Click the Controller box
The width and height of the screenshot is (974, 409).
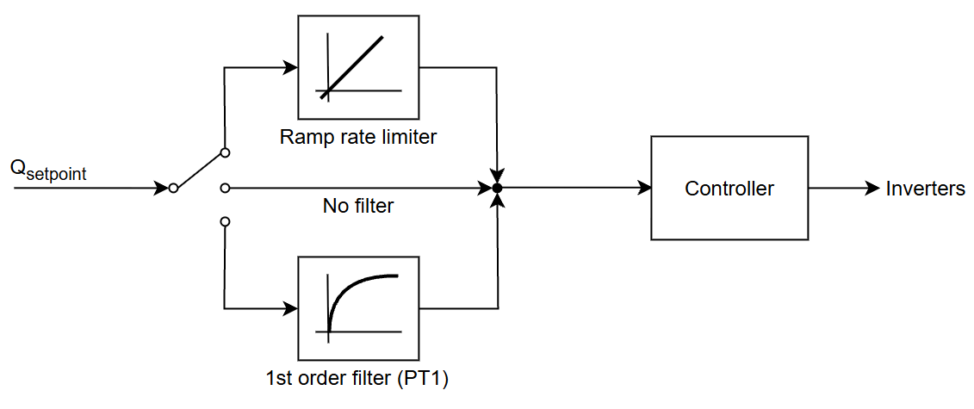pyautogui.click(x=729, y=188)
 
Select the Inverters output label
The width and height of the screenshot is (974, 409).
pyautogui.click(x=925, y=189)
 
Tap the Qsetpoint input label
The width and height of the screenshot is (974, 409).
pyautogui.click(x=47, y=169)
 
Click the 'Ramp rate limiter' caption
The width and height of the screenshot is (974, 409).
pyautogui.click(x=358, y=137)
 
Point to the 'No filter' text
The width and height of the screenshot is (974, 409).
pyautogui.click(x=358, y=206)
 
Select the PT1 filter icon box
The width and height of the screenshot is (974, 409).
pyautogui.click(x=358, y=308)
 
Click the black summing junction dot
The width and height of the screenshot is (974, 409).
pyautogui.click(x=497, y=188)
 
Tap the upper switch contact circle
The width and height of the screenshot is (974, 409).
pyautogui.click(x=225, y=153)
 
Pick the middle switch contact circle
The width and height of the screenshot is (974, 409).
pyautogui.click(x=225, y=188)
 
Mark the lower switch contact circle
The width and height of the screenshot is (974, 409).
pyautogui.click(x=225, y=221)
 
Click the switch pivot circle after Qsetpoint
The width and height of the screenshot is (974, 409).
pyautogui.click(x=173, y=188)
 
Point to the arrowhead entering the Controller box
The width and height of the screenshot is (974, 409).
pyautogui.click(x=643, y=188)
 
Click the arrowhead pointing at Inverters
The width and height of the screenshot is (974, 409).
pyautogui.click(x=872, y=188)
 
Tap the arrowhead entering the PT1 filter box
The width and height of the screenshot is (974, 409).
pyautogui.click(x=289, y=308)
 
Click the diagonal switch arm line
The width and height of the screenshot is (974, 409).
pyautogui.click(x=199, y=170)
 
